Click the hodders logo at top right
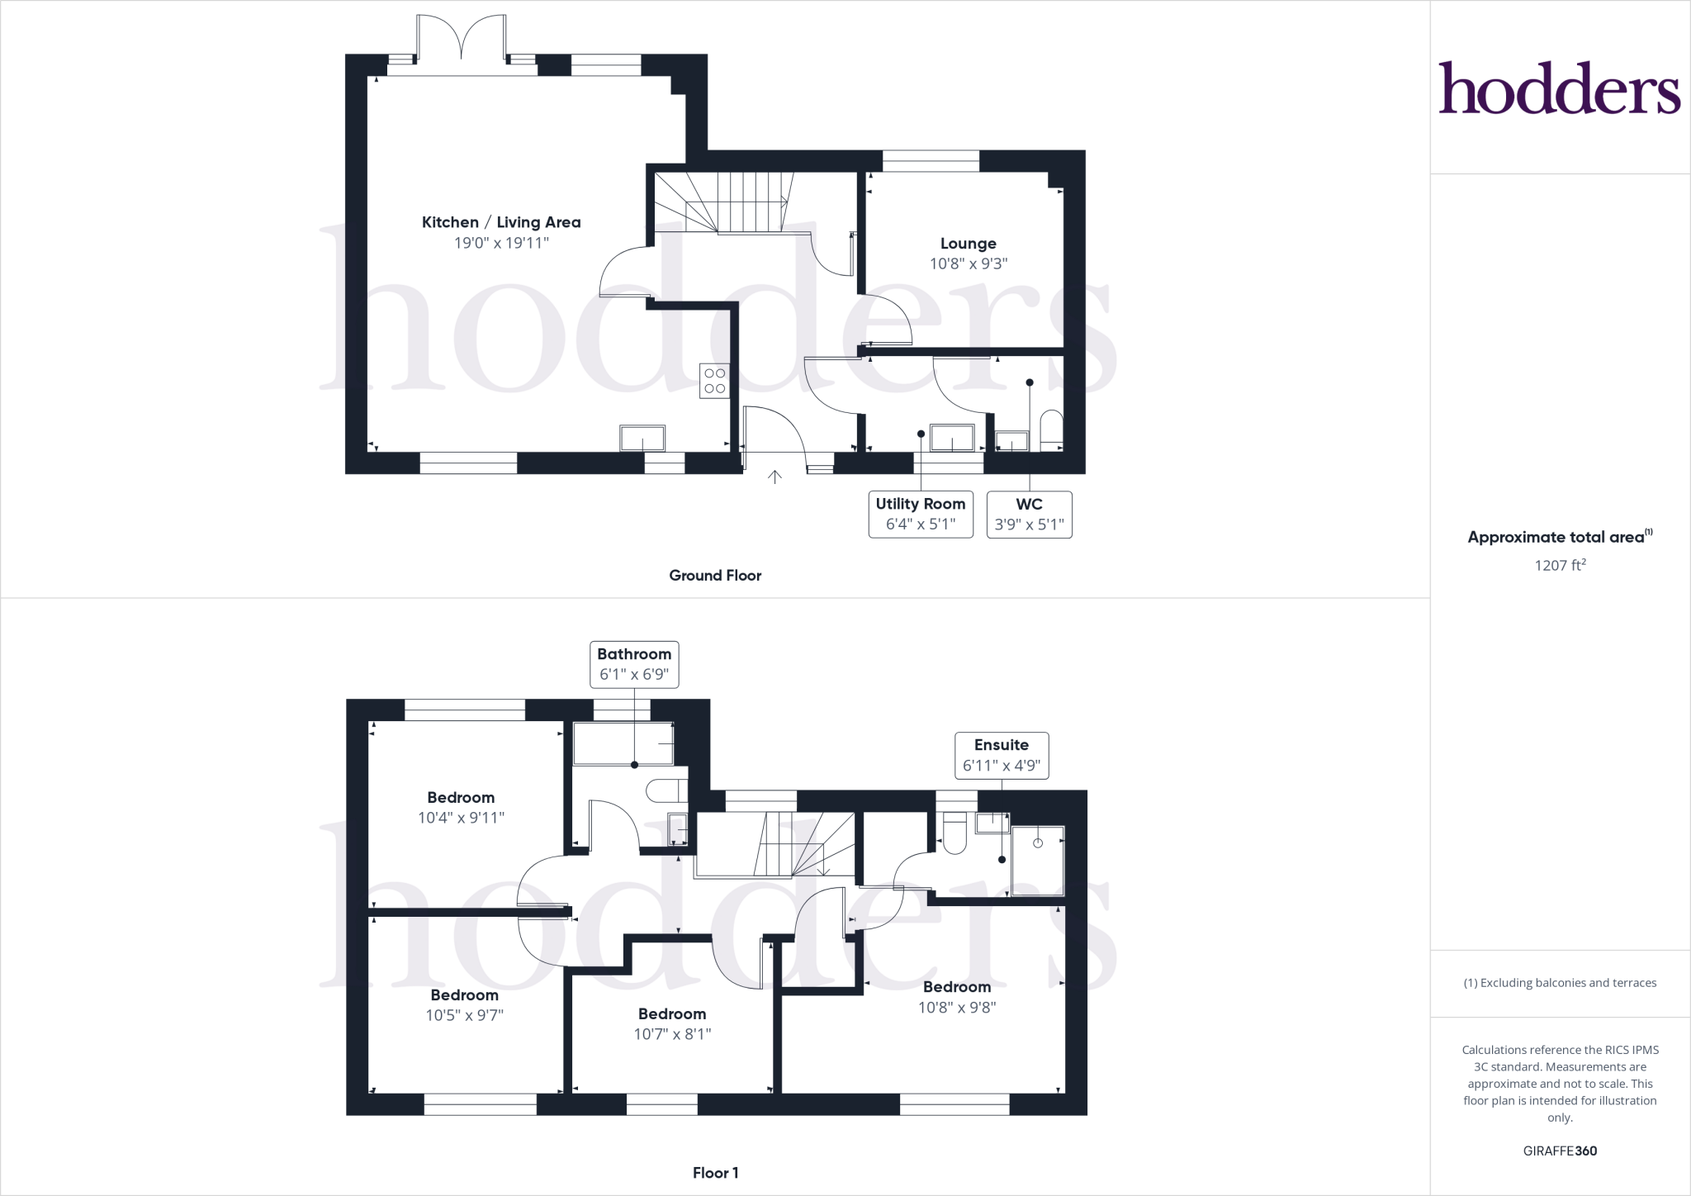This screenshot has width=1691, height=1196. click(1559, 88)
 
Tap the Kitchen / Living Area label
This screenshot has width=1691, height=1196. click(501, 222)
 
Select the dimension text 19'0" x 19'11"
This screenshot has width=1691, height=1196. click(501, 243)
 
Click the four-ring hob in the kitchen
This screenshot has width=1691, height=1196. click(715, 381)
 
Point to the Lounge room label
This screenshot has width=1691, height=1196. click(968, 244)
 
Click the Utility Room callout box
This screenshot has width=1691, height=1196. click(921, 514)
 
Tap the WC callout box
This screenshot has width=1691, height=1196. click(1029, 514)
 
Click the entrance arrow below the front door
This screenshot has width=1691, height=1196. click(774, 477)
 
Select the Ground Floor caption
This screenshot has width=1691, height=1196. click(715, 576)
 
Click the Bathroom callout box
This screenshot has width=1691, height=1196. click(634, 664)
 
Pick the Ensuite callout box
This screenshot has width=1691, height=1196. click(1002, 755)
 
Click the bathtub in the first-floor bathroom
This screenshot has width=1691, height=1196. click(623, 744)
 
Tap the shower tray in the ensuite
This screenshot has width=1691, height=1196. click(1038, 860)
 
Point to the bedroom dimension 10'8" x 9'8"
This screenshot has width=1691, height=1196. click(957, 1008)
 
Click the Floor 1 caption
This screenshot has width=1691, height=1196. click(715, 1173)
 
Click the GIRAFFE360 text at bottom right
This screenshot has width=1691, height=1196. click(1560, 1151)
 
